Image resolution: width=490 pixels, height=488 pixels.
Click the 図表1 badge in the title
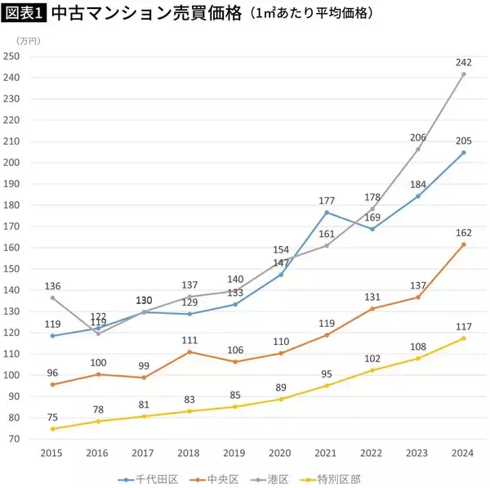pos(24,15)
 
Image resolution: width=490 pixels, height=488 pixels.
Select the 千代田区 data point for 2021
pos(327,213)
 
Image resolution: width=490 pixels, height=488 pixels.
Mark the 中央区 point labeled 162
pos(464,244)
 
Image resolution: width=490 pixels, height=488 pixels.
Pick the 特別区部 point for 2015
pos(53,428)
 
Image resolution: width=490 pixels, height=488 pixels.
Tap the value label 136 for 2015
pos(52,286)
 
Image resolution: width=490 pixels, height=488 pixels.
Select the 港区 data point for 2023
pos(418,149)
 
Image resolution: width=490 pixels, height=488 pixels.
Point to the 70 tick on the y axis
pos(14,439)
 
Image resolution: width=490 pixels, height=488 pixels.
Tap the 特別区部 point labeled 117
pos(464,338)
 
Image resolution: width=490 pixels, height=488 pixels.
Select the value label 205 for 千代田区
pos(463,140)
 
